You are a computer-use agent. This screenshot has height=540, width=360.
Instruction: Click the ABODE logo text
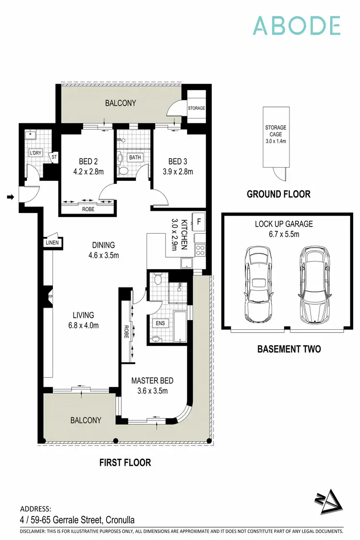pyautogui.click(x=297, y=25)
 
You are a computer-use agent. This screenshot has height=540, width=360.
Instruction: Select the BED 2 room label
pyautogui.click(x=88, y=162)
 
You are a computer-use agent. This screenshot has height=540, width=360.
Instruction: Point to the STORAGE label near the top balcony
pyautogui.click(x=196, y=108)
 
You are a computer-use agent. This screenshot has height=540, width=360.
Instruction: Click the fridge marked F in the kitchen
pyautogui.click(x=198, y=222)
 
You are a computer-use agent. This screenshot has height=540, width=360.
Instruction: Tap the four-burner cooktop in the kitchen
pyautogui.click(x=200, y=250)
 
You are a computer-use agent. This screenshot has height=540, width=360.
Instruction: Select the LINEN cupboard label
pyautogui.click(x=52, y=243)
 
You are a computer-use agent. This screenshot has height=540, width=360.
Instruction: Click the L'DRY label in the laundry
pyautogui.click(x=36, y=153)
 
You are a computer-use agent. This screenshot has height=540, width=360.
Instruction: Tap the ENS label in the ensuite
pyautogui.click(x=160, y=323)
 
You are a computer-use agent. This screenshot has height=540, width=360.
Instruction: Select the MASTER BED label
pyautogui.click(x=152, y=381)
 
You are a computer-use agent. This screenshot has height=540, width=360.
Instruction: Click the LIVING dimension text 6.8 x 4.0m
pyautogui.click(x=83, y=325)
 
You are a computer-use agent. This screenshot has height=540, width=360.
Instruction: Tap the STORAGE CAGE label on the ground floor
pyautogui.click(x=275, y=134)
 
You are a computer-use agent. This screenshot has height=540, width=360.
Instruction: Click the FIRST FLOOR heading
pyautogui.click(x=125, y=463)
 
